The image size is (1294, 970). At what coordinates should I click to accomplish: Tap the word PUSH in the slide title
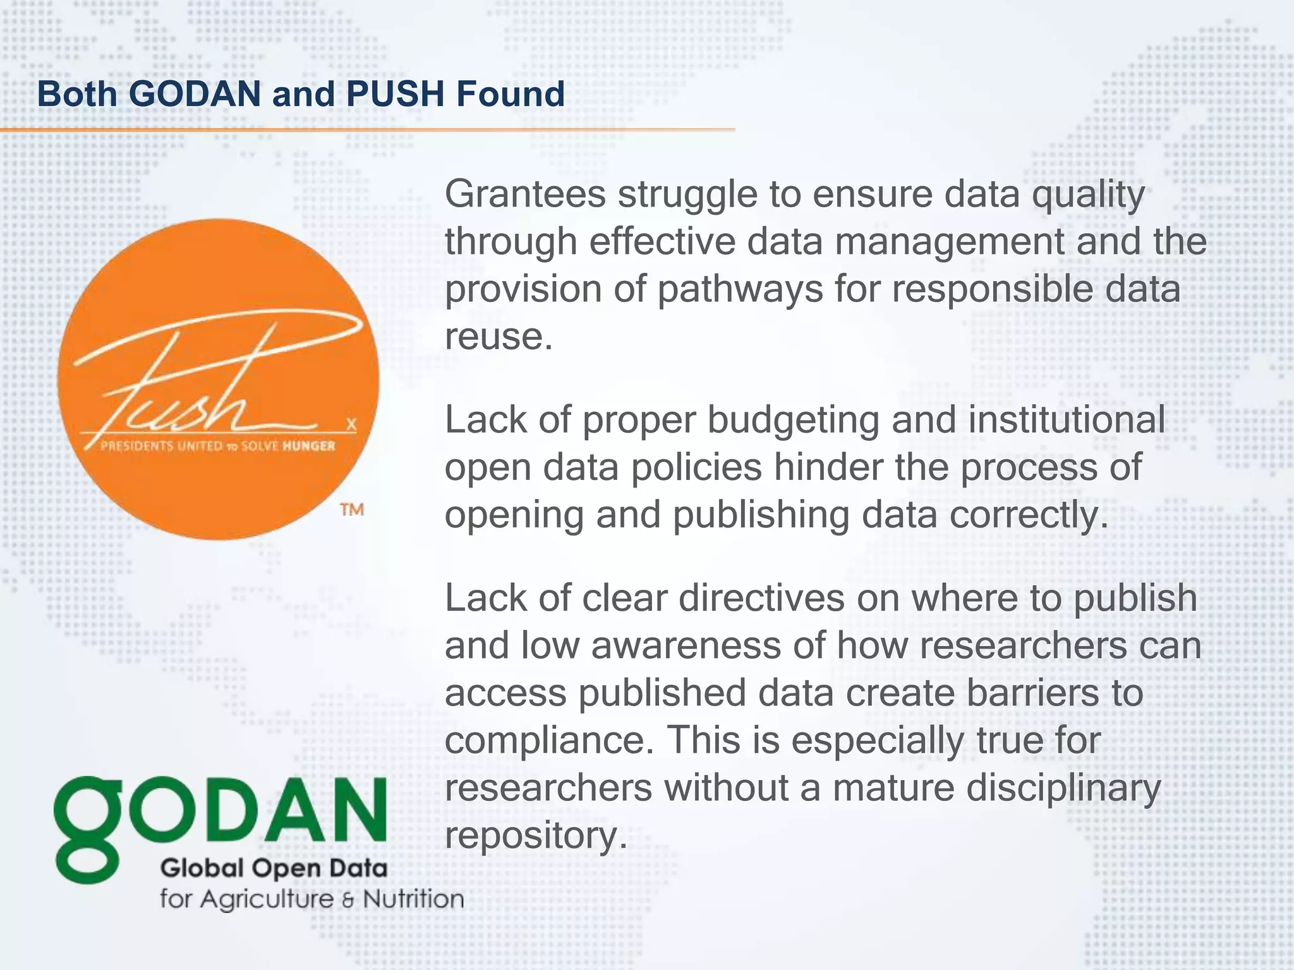pyautogui.click(x=396, y=94)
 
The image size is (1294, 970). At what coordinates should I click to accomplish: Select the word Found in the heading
pyautogui.click(x=511, y=94)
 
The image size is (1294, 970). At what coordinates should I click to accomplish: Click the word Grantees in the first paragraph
pyautogui.click(x=525, y=194)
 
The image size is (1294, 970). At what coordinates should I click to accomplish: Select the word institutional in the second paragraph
pyautogui.click(x=1067, y=420)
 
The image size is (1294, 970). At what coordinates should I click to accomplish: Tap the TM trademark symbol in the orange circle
pyautogui.click(x=352, y=509)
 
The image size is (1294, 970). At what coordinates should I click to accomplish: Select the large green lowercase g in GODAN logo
pyautogui.click(x=87, y=827)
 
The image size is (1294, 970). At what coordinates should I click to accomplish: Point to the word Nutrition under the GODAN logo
pyautogui.click(x=413, y=899)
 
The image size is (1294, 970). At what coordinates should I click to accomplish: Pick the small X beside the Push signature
pyautogui.click(x=351, y=424)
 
